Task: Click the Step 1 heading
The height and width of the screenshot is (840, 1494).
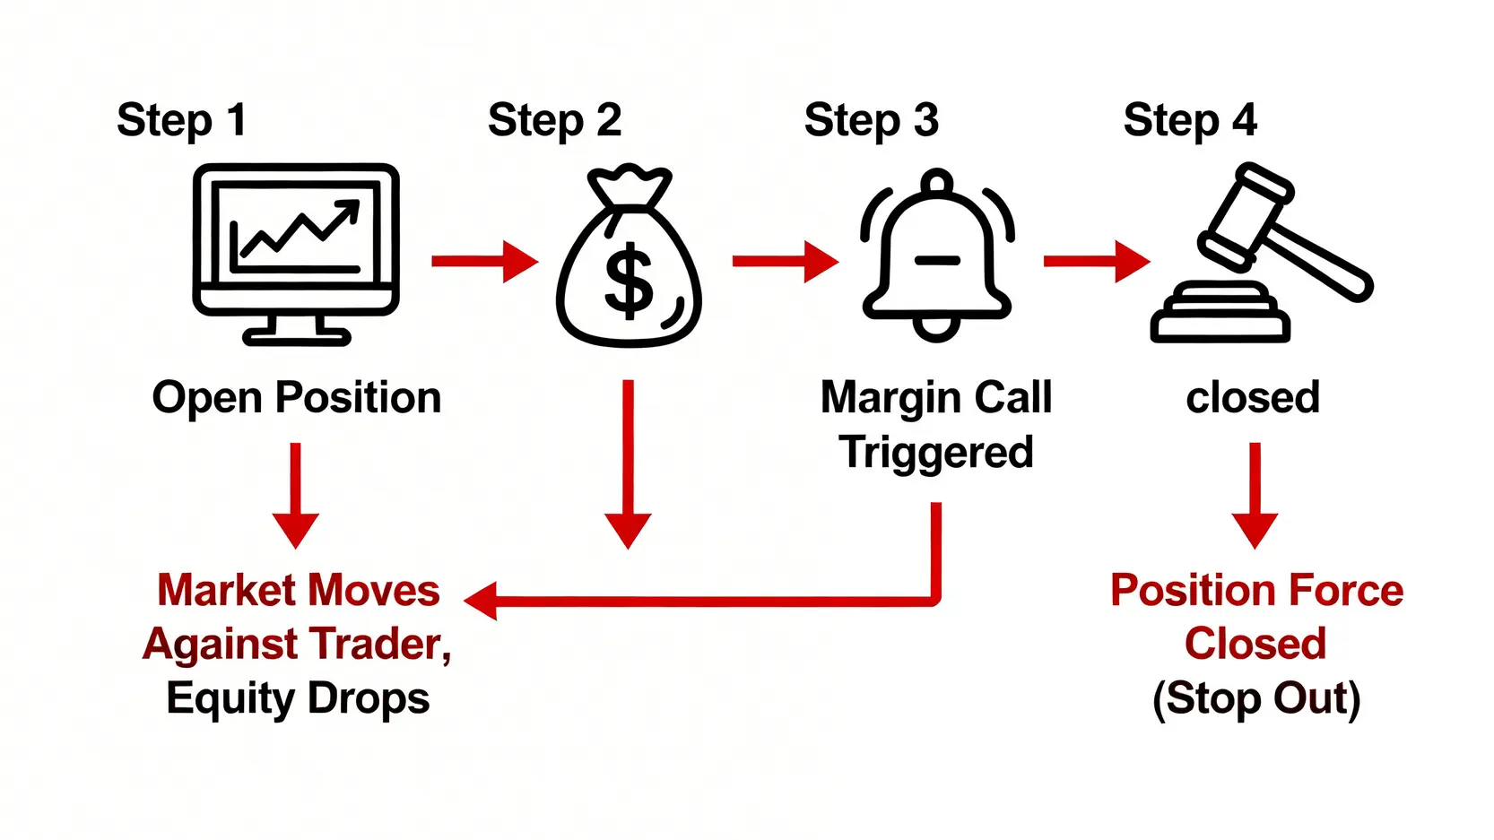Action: pos(181,120)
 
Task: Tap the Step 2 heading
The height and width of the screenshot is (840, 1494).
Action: pos(554,120)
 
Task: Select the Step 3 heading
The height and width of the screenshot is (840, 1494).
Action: pos(871,120)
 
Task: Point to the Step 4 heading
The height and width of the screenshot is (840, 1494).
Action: pos(1190,120)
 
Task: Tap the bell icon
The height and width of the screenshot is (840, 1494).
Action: pos(936,255)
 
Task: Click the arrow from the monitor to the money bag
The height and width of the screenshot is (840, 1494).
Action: pos(484,262)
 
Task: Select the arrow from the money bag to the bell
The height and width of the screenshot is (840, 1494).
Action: pos(785,262)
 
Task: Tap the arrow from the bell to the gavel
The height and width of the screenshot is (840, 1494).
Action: pos(1096,262)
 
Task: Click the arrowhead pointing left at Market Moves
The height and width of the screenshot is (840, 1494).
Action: pos(482,600)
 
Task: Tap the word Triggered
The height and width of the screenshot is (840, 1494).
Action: pos(936,452)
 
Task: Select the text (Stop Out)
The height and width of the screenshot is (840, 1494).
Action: pos(1255,698)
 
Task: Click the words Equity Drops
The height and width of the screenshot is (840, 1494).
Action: pos(298,698)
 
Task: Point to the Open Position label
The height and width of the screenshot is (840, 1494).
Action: pos(296,397)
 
